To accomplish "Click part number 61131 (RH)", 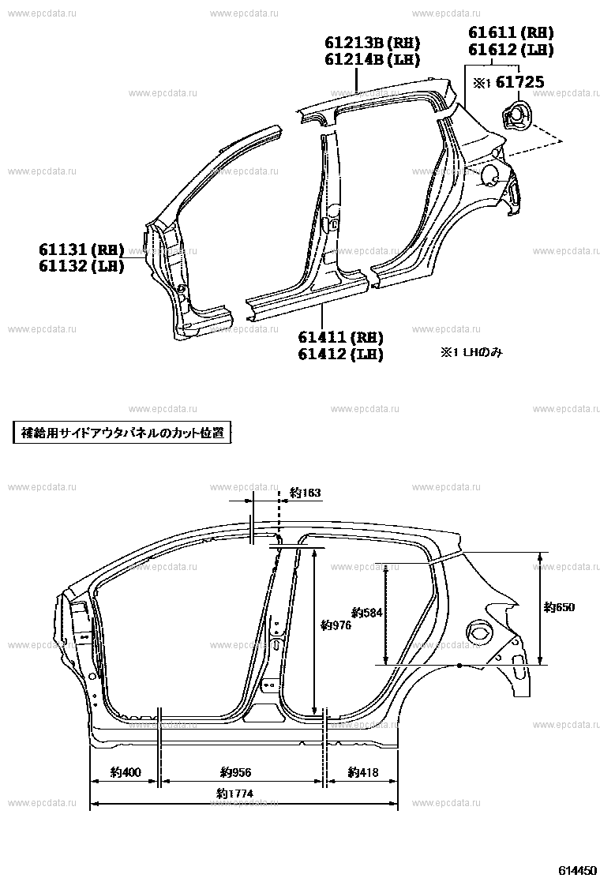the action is (81, 250).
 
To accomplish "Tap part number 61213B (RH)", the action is (372, 43).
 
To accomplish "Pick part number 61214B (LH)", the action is (372, 58).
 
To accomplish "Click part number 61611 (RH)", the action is (511, 32).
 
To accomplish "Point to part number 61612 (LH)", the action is (511, 49).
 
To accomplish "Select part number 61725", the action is (520, 82).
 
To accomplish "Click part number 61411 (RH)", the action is (341, 337).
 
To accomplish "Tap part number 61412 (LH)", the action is (341, 353).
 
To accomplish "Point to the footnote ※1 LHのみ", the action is (471, 352).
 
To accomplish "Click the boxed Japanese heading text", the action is (122, 433).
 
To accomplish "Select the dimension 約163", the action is (306, 493).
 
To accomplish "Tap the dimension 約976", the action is (336, 625).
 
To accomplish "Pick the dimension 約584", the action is (367, 613).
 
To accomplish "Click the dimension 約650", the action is (559, 607).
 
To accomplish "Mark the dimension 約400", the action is (126, 772).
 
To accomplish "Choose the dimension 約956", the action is (235, 772).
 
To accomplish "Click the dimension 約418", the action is (362, 772).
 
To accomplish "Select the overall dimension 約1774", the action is (235, 794).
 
